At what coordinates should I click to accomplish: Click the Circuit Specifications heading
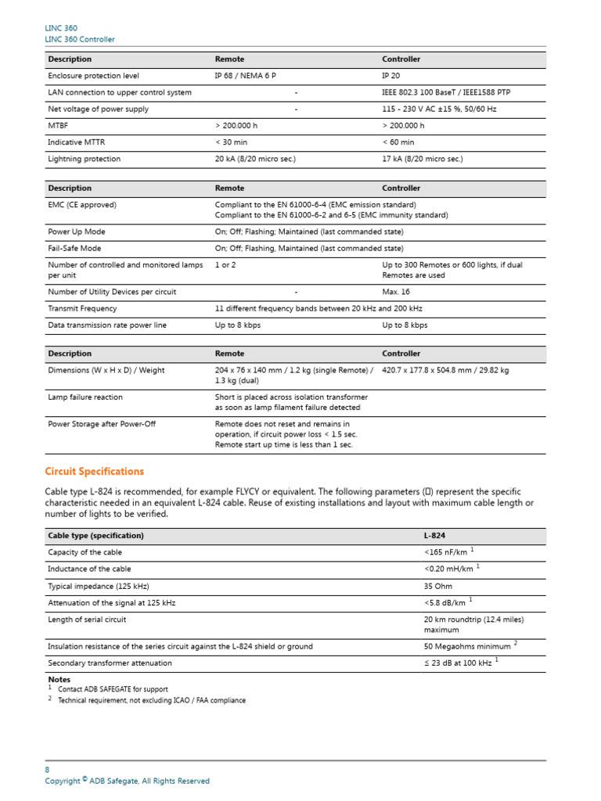point(95,472)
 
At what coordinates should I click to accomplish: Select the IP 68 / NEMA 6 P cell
point(245,76)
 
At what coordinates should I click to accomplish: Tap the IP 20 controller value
point(393,76)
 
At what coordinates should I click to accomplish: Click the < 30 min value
point(233,142)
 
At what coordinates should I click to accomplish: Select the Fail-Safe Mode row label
point(74,249)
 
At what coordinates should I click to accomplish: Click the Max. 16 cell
point(397,292)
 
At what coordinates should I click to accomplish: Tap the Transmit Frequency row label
point(81,308)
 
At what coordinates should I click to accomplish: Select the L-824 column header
point(434,536)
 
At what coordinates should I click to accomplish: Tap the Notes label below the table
point(59,680)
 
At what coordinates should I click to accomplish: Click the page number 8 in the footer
point(47,770)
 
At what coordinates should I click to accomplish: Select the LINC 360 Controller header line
point(80,39)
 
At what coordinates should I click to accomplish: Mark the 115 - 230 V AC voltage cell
point(444,110)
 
